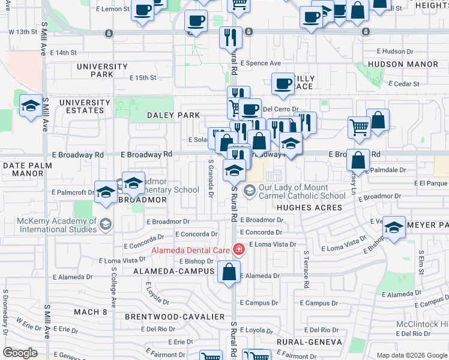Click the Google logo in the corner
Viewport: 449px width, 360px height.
click(20, 353)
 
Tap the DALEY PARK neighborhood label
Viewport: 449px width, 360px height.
click(173, 115)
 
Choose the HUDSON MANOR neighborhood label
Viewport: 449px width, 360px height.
click(403, 64)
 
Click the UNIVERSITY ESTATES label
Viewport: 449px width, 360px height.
click(85, 106)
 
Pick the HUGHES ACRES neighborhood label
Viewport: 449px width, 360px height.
click(309, 208)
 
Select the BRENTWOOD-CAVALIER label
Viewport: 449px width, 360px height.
click(175, 316)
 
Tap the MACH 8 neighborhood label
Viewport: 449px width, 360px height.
click(90, 312)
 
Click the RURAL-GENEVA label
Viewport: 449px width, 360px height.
click(310, 342)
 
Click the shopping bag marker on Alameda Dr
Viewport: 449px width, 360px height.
click(229, 272)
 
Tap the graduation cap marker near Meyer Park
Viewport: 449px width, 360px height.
click(394, 229)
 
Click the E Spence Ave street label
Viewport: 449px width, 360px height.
click(261, 63)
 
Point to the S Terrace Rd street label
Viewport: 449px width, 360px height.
click(306, 268)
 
